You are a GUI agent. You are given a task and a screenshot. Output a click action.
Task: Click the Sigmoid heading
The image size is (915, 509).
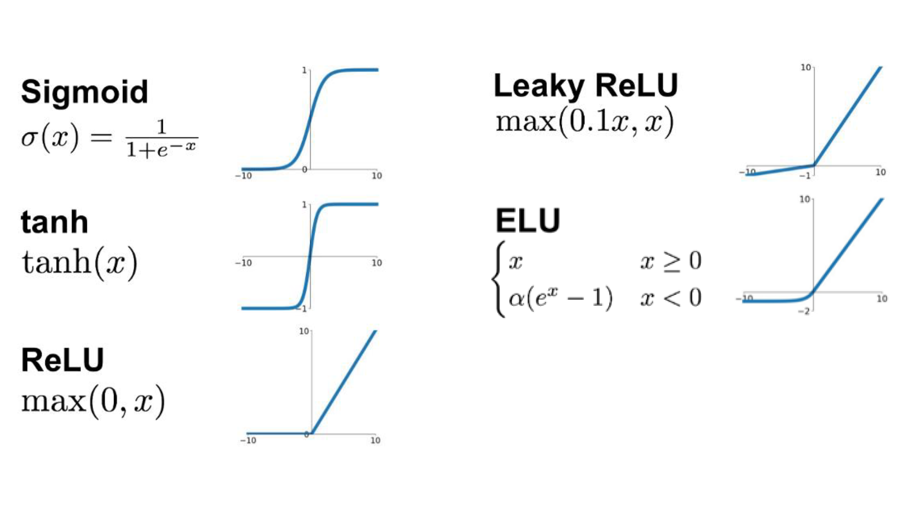point(85,92)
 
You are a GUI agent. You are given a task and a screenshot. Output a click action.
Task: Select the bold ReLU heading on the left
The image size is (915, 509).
point(62,360)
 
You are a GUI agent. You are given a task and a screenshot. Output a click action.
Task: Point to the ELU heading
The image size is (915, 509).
point(527,221)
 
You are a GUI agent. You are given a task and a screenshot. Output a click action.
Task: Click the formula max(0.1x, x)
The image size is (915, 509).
point(584,122)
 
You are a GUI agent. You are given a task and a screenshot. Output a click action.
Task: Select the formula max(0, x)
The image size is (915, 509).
point(93,401)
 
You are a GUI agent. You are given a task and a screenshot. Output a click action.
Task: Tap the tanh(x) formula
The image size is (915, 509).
point(80,263)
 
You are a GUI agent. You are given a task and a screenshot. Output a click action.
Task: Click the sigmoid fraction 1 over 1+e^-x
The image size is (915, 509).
point(161,139)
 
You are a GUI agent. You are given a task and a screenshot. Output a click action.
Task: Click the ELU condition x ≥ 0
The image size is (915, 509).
point(671,261)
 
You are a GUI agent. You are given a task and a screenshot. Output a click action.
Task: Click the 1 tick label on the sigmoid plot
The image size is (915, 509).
point(304,71)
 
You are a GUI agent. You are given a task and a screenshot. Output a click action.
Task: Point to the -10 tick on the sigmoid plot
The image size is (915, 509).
point(244,176)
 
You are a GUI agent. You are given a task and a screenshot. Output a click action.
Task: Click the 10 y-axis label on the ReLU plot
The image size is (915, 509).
point(304,331)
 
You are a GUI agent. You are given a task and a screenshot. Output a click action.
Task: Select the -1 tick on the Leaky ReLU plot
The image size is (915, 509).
point(805,176)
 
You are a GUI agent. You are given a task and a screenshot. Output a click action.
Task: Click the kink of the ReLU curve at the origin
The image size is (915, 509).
point(312,434)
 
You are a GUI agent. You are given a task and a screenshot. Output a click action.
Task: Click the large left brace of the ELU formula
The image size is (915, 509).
point(498,279)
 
